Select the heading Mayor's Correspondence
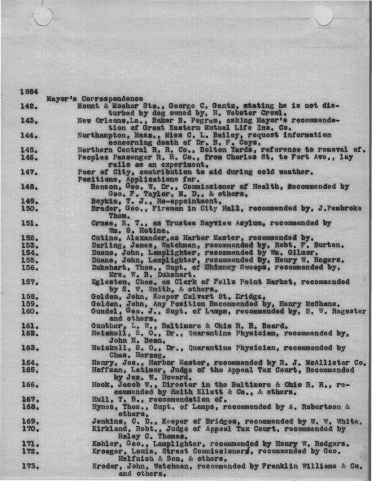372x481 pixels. point(95,98)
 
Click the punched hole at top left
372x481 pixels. point(43,16)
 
